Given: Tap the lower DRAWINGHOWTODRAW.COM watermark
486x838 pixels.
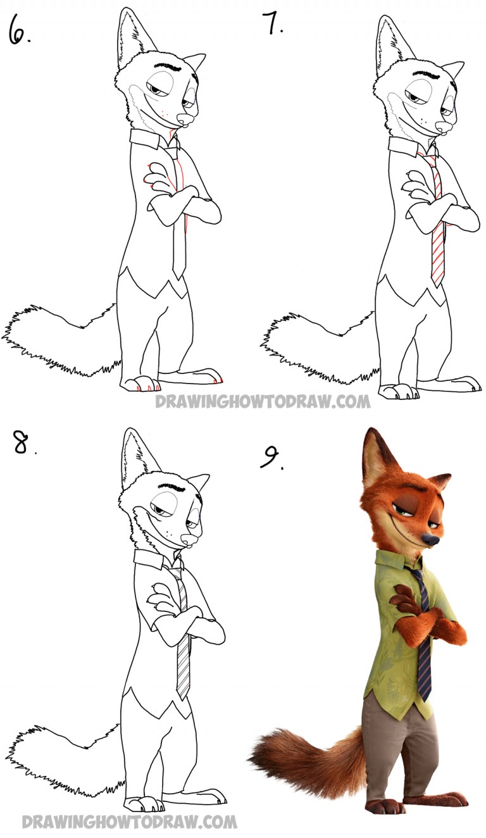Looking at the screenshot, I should (130, 822).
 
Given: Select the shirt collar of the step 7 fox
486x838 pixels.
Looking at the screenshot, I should (405, 147).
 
